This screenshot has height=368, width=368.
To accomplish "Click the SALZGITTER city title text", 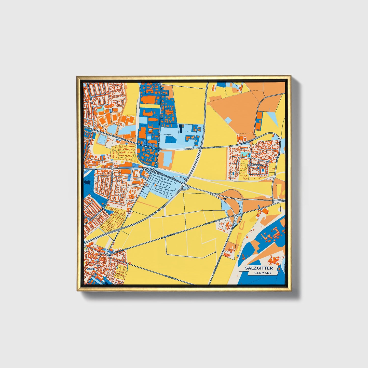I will [259, 268].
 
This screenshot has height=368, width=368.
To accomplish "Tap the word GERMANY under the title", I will [263, 273].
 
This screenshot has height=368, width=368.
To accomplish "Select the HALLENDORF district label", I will [254, 165].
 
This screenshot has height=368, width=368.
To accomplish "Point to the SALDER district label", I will [91, 269].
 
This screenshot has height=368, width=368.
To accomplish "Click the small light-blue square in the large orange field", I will [228, 120].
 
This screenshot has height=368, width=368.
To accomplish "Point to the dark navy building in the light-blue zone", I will [181, 128].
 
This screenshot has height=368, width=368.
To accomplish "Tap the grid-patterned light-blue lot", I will [163, 185].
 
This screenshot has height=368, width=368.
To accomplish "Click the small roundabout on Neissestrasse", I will [146, 147].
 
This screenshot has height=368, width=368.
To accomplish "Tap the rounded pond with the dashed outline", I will [102, 139].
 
